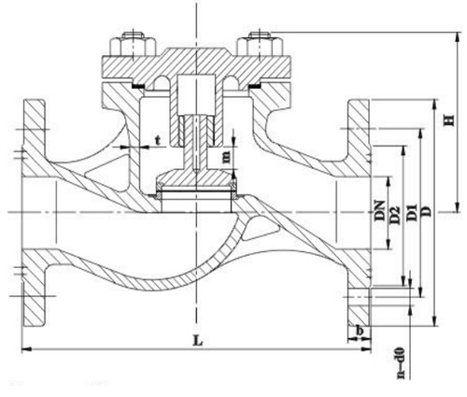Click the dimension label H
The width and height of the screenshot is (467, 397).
click(449, 121)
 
